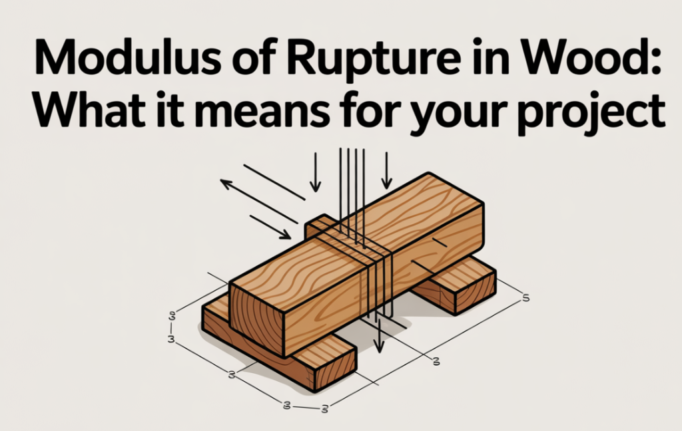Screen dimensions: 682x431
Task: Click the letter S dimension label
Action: (x=525, y=297)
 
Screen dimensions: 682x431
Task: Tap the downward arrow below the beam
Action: (x=380, y=335)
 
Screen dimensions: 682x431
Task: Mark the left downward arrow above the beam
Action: (x=315, y=172)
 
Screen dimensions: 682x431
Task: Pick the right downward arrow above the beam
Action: (x=386, y=170)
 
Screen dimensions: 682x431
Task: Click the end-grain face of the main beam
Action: (x=256, y=319)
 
